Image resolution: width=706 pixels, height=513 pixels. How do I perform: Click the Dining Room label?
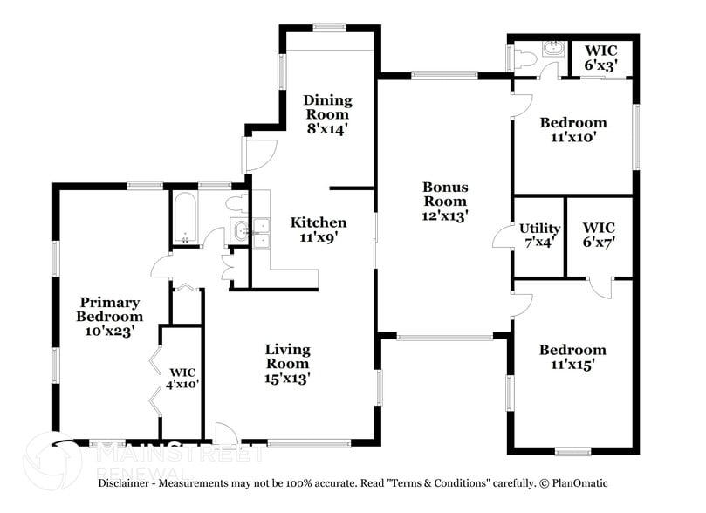pyautogui.click(x=326, y=114)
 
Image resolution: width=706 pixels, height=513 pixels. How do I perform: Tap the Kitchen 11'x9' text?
pyautogui.click(x=319, y=229)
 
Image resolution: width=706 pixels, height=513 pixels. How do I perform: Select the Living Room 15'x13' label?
pyautogui.click(x=287, y=364)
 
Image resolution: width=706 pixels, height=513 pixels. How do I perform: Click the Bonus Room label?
pyautogui.click(x=445, y=201)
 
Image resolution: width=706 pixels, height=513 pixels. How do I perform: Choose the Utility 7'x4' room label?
pyautogui.click(x=539, y=236)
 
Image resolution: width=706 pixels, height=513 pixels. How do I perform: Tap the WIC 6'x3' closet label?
pyautogui.click(x=601, y=58)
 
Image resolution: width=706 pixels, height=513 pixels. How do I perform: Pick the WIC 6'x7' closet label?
pyautogui.click(x=600, y=236)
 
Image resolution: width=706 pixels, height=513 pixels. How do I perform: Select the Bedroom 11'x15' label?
pyautogui.click(x=572, y=358)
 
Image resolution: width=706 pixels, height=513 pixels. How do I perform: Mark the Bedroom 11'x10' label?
pyautogui.click(x=572, y=130)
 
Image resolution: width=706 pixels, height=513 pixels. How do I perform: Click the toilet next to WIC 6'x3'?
pyautogui.click(x=524, y=58)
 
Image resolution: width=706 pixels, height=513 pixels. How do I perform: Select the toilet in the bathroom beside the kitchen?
pyautogui.click(x=235, y=204)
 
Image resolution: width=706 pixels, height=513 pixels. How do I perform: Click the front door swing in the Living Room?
pyautogui.click(x=224, y=433)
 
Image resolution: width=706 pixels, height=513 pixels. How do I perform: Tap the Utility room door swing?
pyautogui.click(x=504, y=236)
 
